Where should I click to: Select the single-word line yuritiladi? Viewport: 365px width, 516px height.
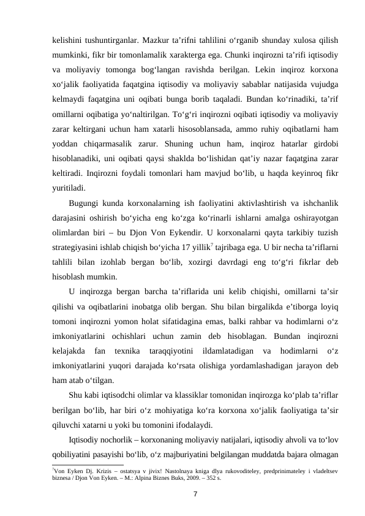click(x=69, y=188)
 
